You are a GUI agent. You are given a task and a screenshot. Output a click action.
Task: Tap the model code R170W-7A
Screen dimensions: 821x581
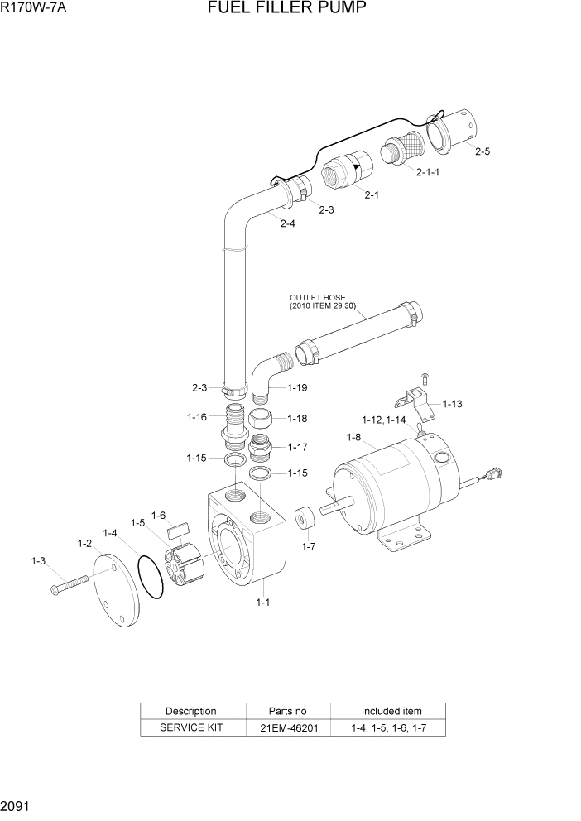click(x=34, y=9)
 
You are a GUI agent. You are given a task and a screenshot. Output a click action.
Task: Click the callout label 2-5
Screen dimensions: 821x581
click(x=482, y=151)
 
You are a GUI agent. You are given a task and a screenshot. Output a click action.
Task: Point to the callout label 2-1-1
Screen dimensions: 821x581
click(x=427, y=172)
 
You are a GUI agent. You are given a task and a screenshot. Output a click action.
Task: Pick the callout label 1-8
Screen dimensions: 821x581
click(x=353, y=437)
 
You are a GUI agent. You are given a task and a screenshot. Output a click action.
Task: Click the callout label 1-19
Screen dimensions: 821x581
click(x=298, y=387)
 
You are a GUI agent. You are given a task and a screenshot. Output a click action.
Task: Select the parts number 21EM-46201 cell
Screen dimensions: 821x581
click(x=288, y=728)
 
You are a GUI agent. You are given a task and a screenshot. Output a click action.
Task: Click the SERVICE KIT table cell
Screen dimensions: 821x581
click(x=191, y=728)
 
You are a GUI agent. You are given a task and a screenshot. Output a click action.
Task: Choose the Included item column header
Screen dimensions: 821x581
click(x=391, y=711)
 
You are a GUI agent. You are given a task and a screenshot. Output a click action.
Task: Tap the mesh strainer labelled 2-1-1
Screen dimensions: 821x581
click(x=401, y=151)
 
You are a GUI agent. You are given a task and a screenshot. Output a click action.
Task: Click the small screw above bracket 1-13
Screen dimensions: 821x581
click(x=424, y=377)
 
